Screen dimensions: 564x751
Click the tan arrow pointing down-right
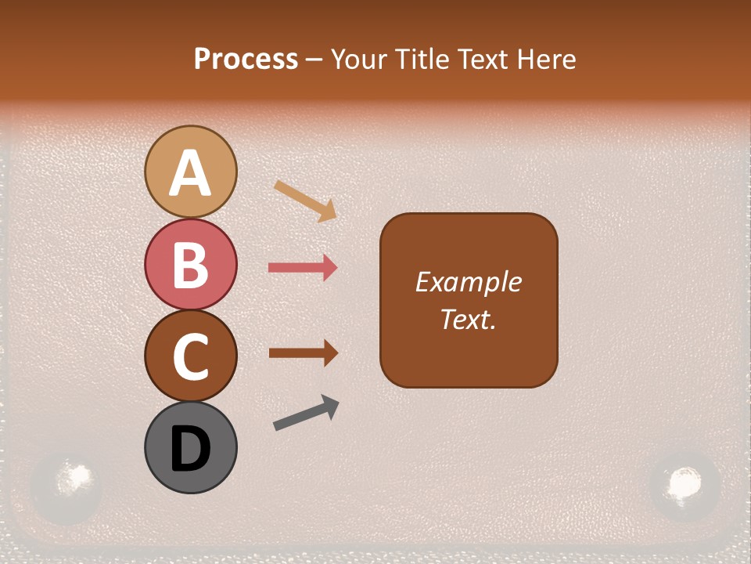coord(305,201)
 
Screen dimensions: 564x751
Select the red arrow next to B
coord(302,268)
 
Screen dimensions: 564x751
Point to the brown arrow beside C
coord(303,352)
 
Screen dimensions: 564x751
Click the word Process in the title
coord(246,60)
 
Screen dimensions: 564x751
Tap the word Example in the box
coord(468,282)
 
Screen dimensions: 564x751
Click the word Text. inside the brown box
coord(468,320)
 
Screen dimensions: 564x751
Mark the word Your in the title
coord(359,60)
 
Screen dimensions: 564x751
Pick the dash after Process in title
coord(314,60)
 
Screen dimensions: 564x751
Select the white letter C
coord(190,357)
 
